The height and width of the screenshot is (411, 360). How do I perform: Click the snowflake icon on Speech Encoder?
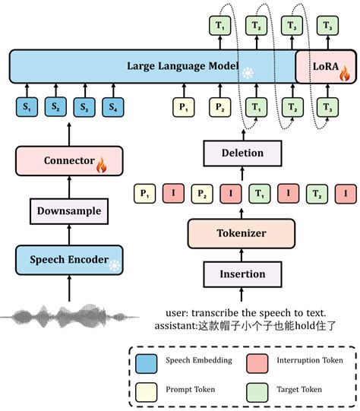click(114, 265)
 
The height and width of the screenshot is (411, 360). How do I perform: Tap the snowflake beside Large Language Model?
click(248, 73)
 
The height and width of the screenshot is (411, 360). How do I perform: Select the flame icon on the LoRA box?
click(343, 74)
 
